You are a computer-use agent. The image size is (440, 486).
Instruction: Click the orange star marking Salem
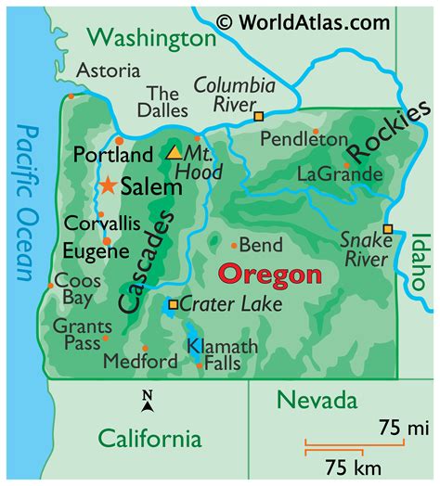pos(108,186)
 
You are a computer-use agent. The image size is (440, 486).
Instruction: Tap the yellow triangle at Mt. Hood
pos(174,152)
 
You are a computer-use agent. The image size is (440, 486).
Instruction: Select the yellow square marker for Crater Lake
pos(173,303)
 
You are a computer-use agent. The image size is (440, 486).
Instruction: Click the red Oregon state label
pos(269,275)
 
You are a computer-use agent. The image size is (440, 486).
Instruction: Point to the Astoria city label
pos(109,70)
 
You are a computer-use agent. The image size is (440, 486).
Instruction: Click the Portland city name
pos(107,154)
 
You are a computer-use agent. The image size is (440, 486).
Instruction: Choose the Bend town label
pos(260,245)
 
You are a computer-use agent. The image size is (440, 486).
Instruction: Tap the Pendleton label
pos(304,139)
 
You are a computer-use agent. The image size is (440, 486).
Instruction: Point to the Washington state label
pos(154,38)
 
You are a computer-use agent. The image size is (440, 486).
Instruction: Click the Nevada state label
pos(317,401)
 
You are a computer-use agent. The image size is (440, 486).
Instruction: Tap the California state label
pos(149,438)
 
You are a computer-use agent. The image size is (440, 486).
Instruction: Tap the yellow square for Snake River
pos(387,229)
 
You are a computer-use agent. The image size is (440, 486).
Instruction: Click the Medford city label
pos(140,361)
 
